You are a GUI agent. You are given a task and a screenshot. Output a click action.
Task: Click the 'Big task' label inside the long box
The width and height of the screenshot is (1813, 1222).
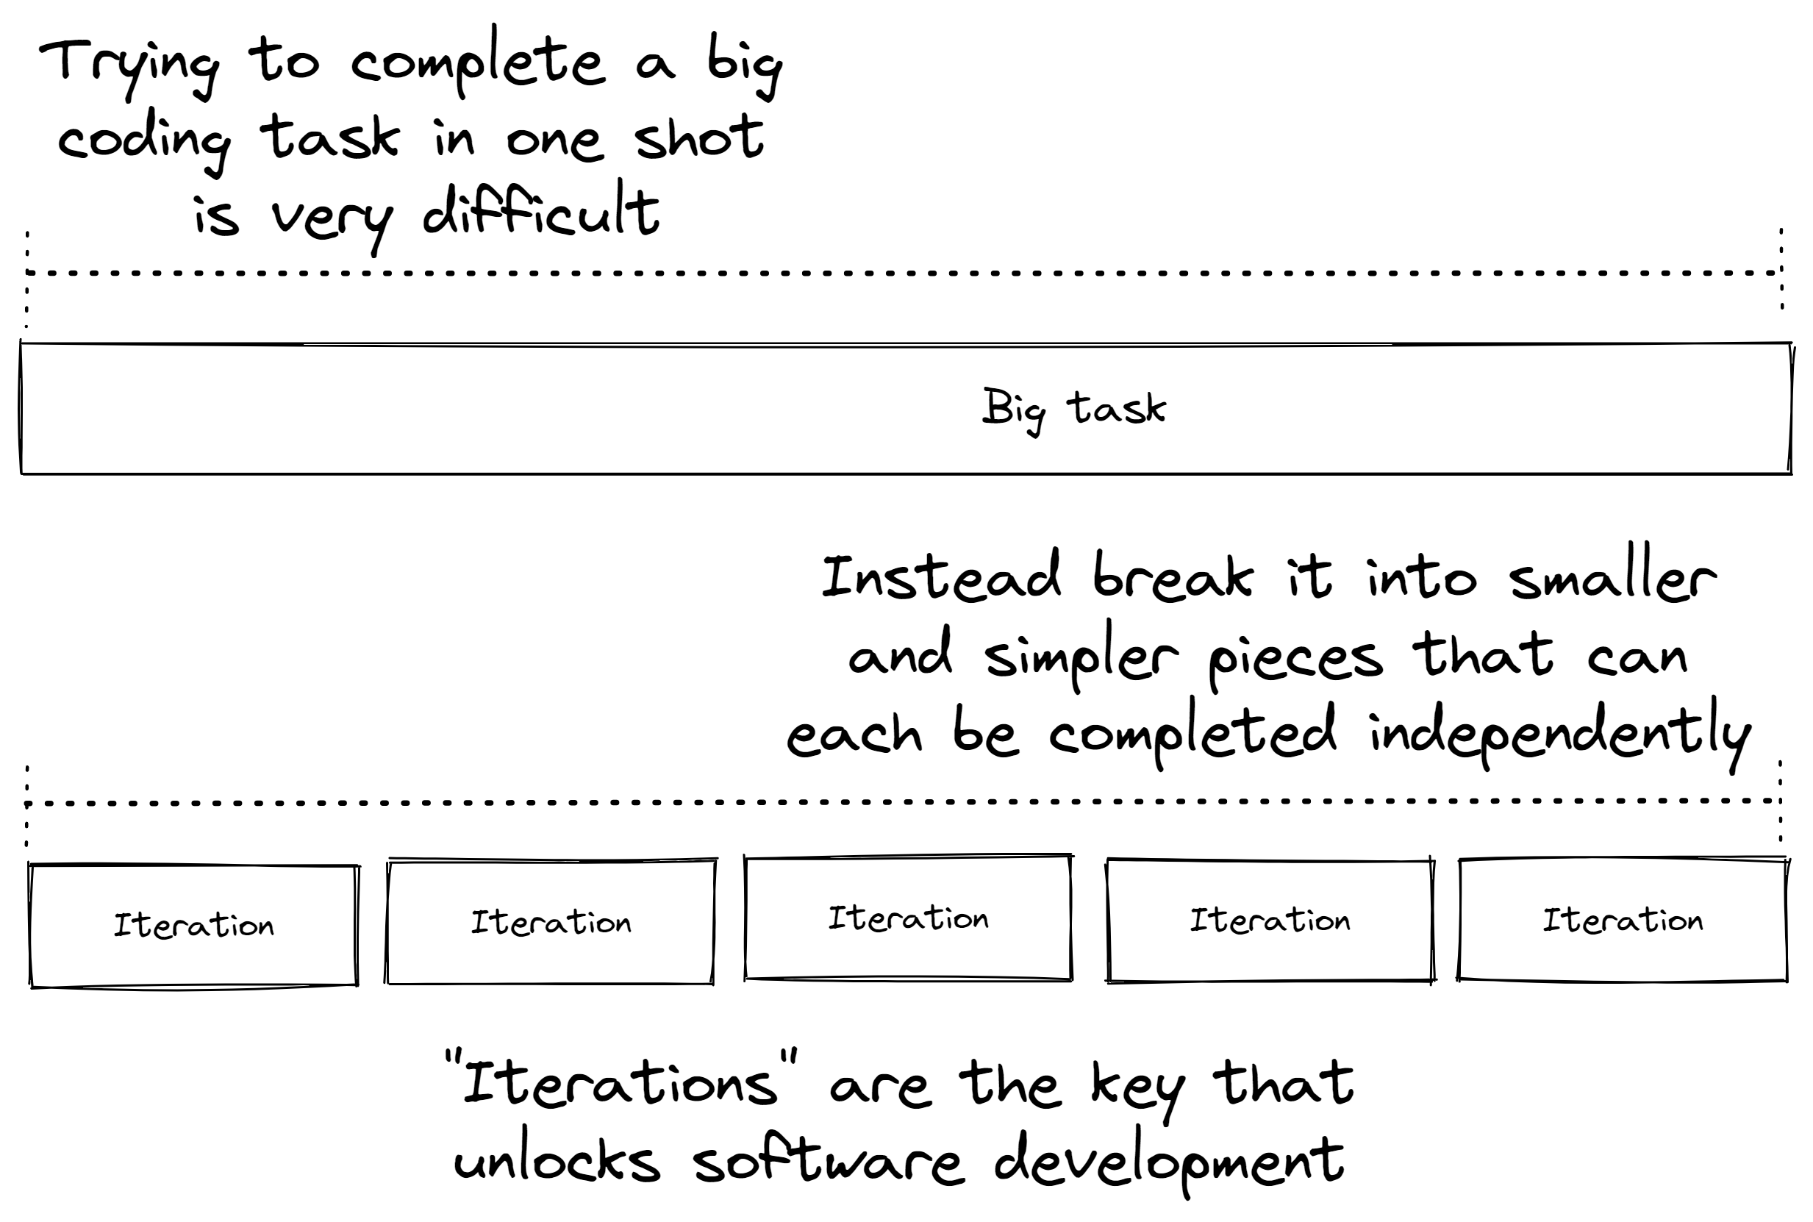[x=1073, y=408]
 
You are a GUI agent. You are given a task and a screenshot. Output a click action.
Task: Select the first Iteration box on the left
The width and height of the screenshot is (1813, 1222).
[x=194, y=925]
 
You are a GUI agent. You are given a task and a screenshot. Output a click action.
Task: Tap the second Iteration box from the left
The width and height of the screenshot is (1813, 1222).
[x=551, y=922]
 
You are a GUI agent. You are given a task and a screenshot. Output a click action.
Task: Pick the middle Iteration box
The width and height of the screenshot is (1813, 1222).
[x=908, y=918]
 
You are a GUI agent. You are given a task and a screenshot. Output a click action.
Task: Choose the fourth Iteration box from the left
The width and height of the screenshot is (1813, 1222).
[x=1270, y=921]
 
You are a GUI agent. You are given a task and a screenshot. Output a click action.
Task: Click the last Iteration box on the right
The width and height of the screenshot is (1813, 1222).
[x=1623, y=921]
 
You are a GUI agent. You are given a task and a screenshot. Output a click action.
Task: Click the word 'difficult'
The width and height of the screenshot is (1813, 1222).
[x=542, y=212]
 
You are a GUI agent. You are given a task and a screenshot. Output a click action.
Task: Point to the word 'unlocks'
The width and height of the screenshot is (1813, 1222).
[x=557, y=1161]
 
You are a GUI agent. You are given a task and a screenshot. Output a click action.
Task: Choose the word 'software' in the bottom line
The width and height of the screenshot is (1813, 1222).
[x=828, y=1161]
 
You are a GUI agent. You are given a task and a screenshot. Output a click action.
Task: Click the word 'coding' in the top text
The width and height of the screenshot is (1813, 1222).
[x=144, y=140]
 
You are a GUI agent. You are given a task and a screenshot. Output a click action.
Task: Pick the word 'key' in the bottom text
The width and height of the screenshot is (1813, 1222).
[x=1137, y=1087]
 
